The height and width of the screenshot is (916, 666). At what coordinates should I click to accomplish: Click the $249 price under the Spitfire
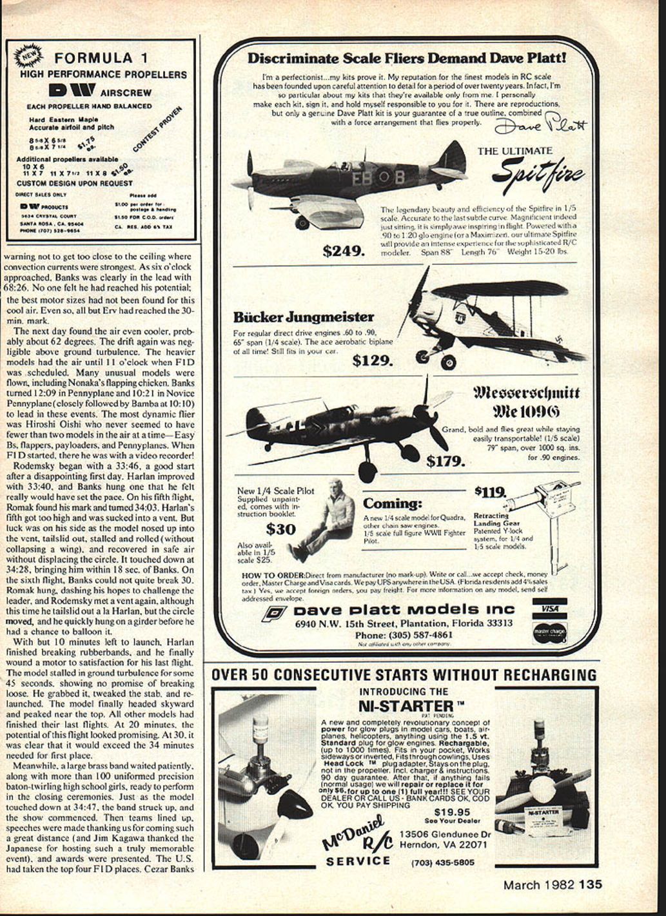[x=344, y=250]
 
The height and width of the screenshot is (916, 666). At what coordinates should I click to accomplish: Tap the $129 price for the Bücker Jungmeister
[x=373, y=360]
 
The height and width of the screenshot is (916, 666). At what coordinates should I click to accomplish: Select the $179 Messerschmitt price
[x=445, y=460]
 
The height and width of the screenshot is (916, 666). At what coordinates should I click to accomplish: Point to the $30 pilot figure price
[x=280, y=529]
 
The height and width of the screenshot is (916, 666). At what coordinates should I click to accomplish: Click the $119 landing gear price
[x=490, y=492]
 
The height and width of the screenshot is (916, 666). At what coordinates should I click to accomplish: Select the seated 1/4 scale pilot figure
[x=322, y=519]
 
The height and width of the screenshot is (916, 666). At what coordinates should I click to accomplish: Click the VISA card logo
[x=549, y=607]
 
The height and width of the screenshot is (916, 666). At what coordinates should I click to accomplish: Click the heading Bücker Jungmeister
[x=303, y=317]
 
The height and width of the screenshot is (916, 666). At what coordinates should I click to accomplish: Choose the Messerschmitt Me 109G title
[x=527, y=402]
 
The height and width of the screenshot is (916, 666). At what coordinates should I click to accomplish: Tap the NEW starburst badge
[x=27, y=59]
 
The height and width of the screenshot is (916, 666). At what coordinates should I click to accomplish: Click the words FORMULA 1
[x=94, y=59]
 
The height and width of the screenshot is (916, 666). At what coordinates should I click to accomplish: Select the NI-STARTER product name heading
[x=403, y=705]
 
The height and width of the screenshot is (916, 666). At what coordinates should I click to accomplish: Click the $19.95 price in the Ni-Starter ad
[x=452, y=812]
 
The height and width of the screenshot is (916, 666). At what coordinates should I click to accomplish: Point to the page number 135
[x=591, y=884]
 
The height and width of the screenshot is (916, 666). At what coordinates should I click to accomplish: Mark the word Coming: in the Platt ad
[x=392, y=503]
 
